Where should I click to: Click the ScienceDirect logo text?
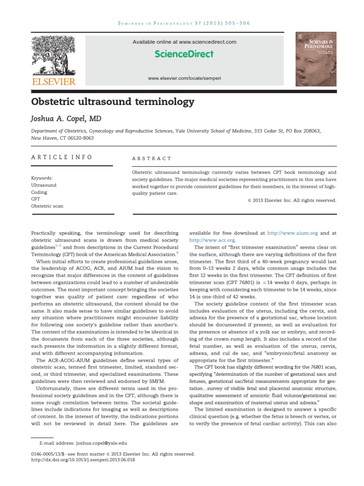click(184, 54)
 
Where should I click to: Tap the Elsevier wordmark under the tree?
click(53, 82)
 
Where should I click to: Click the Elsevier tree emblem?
click(53, 56)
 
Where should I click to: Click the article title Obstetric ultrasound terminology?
click(113, 102)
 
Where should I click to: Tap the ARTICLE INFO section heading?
click(62, 157)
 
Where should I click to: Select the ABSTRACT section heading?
click(152, 159)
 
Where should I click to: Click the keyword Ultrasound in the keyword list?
click(44, 185)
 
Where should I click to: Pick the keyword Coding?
click(39, 192)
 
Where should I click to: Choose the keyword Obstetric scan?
click(47, 206)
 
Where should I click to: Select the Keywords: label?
click(42, 178)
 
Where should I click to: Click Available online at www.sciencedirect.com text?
click(184, 42)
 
